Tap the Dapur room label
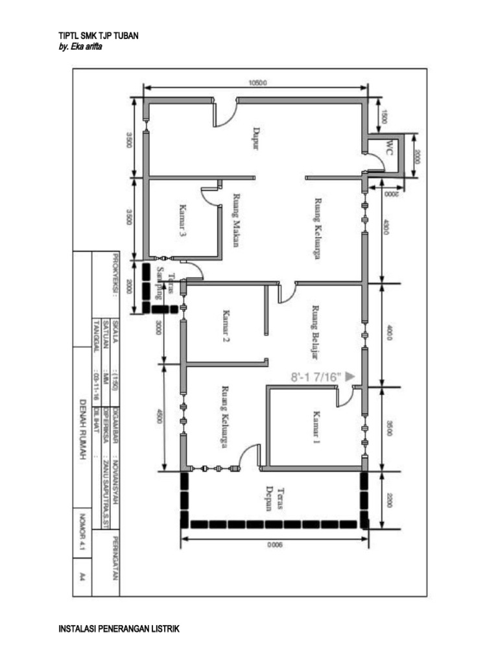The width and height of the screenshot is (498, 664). (x=255, y=138)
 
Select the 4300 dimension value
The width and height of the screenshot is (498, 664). (x=387, y=229)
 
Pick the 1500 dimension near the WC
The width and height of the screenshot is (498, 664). (x=384, y=117)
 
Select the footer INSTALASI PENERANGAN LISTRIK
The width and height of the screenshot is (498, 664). (x=118, y=629)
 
